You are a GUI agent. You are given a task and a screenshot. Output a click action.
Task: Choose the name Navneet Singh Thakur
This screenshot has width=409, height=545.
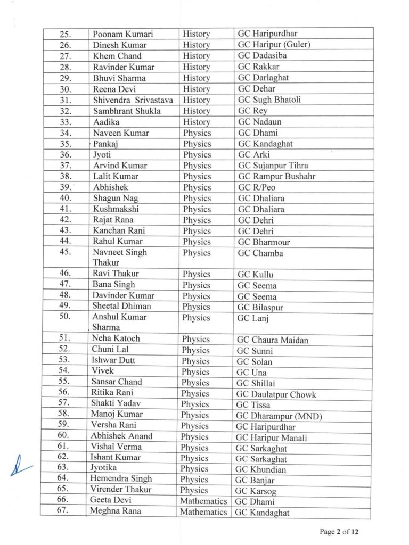tap(119, 258)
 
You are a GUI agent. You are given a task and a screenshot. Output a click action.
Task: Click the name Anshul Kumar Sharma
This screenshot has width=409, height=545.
tap(119, 322)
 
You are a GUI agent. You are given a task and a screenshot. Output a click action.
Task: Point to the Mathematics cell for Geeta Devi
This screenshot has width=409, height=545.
tap(203, 501)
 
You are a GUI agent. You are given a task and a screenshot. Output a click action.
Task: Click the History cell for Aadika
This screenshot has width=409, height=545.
tap(196, 122)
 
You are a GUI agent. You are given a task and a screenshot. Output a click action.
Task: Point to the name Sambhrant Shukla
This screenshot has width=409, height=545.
tap(126, 111)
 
